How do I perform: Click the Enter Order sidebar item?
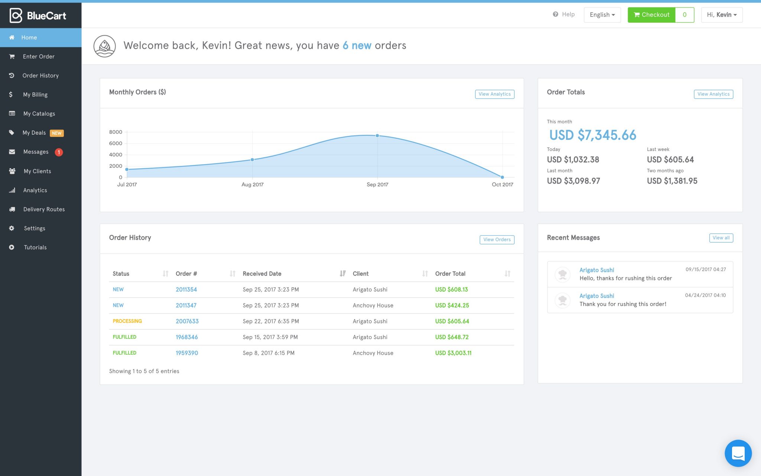[x=38, y=57]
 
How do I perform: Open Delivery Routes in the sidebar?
[x=43, y=209]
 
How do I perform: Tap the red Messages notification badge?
[x=59, y=152]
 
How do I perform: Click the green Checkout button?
[x=651, y=15]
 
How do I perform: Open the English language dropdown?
[x=602, y=15]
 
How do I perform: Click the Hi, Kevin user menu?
[x=721, y=15]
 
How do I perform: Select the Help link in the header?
[x=564, y=15]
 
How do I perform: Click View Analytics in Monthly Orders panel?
[x=494, y=94]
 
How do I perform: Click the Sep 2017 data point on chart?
[x=377, y=136]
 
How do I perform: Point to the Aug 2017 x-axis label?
[x=252, y=184]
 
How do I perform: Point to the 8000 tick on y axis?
[x=116, y=132]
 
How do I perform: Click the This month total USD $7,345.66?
[x=592, y=135]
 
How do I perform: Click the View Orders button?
[x=496, y=239]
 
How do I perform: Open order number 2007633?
[x=187, y=321]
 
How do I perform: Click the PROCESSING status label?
[x=127, y=321]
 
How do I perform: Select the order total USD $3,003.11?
[x=453, y=353]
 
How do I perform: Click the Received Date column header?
[x=262, y=274]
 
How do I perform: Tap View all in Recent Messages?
[x=720, y=238]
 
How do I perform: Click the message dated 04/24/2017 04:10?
[x=639, y=300]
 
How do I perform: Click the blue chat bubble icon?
[x=738, y=453]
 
